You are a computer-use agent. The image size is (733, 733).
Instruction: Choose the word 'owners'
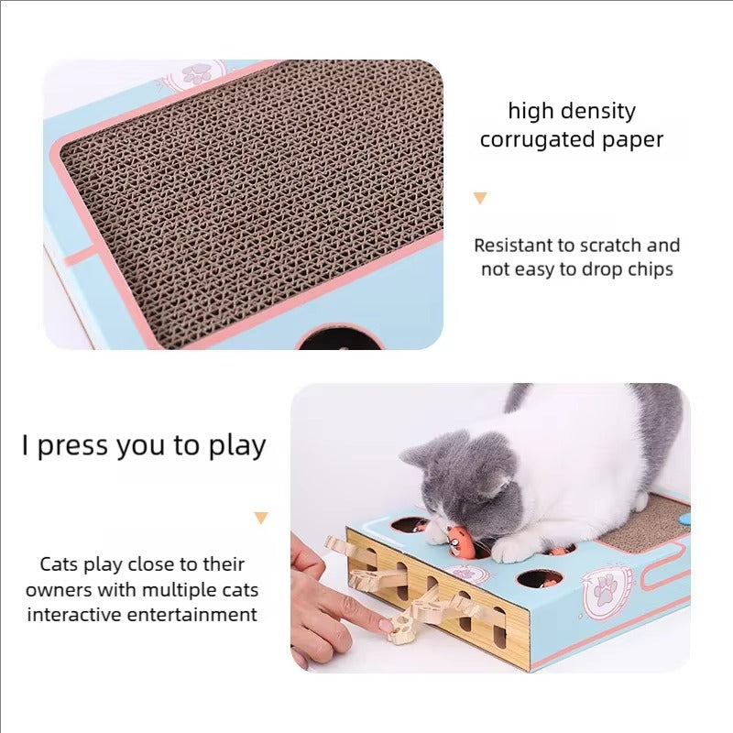[60, 589]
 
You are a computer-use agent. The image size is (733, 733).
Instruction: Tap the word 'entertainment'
[192, 614]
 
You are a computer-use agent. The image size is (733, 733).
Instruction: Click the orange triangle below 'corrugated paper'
[480, 198]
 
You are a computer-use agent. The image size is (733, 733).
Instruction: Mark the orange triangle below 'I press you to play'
[262, 518]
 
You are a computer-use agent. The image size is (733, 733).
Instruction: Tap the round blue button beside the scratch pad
[684, 518]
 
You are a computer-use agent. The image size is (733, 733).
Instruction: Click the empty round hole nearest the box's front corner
[539, 578]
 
